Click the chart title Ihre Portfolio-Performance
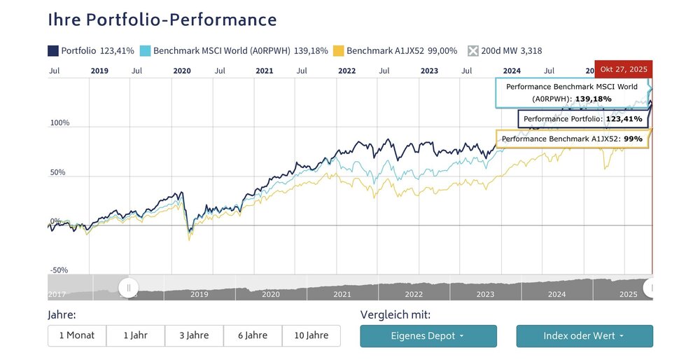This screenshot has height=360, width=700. tap(162, 20)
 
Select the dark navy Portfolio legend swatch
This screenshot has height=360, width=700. tap(52, 50)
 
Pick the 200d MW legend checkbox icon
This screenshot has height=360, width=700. tap(473, 50)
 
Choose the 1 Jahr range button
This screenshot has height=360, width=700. tap(135, 335)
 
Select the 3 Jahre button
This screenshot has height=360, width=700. tap(194, 335)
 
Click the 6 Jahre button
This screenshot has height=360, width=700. tap(253, 335)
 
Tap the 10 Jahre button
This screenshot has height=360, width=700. tap(311, 335)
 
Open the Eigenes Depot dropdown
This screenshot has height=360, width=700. tap(428, 336)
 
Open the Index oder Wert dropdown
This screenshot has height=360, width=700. tap(584, 336)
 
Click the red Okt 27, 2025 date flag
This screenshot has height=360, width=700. tap(623, 70)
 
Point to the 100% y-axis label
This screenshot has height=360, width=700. tap(59, 123)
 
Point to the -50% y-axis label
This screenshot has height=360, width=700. tap(59, 270)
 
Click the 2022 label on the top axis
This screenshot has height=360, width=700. tap(346, 71)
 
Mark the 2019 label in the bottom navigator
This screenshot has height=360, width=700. tap(199, 295)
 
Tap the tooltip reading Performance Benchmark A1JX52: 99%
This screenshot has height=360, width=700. tap(572, 139)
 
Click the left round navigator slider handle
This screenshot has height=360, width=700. tap(129, 287)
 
